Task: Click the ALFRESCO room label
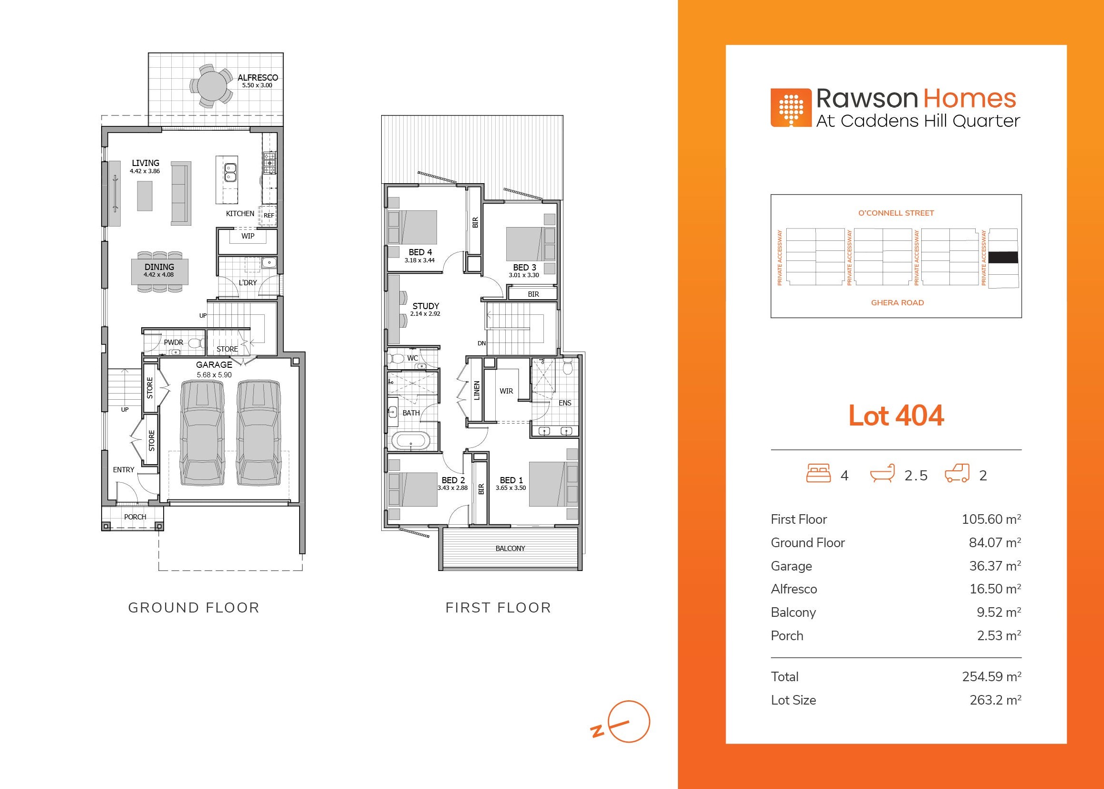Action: click(258, 77)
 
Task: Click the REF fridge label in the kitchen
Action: click(269, 215)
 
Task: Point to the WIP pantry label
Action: click(248, 236)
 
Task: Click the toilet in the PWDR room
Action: click(195, 343)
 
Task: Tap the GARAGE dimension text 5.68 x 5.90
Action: click(214, 374)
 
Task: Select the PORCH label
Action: click(135, 517)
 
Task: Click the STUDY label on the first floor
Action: click(426, 306)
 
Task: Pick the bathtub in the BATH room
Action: click(411, 442)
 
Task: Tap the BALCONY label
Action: click(510, 549)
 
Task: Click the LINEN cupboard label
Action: click(477, 391)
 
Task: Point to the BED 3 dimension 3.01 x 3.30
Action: click(524, 275)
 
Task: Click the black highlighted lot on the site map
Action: click(1004, 258)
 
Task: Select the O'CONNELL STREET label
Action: click(896, 213)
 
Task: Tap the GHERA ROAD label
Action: click(897, 303)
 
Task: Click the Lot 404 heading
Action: click(896, 415)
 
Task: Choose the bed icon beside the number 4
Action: click(818, 473)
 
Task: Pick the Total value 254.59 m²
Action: click(991, 676)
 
